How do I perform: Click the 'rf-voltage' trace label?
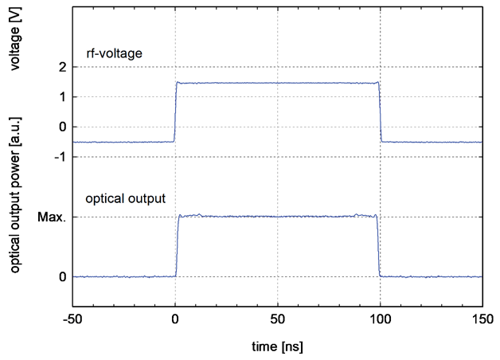point(114,53)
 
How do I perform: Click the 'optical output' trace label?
point(125,198)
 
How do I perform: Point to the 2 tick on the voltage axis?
point(62,67)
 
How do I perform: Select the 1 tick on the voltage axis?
point(62,97)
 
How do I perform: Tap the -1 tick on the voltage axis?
point(60,157)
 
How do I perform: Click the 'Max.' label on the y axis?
point(52,217)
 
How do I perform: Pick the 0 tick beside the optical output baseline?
point(62,277)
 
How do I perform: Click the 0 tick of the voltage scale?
point(62,127)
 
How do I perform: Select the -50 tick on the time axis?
point(72,319)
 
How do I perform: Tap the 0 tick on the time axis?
point(175,319)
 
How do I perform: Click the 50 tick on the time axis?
point(278,319)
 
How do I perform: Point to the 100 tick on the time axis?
point(380,319)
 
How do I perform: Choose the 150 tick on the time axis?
point(482,319)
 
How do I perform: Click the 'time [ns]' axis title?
point(277,346)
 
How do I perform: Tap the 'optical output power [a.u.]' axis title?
point(15,195)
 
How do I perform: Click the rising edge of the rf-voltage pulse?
point(175,112)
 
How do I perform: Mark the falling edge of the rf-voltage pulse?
point(380,112)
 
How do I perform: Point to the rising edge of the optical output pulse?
point(178,245)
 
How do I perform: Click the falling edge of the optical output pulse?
point(378,245)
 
